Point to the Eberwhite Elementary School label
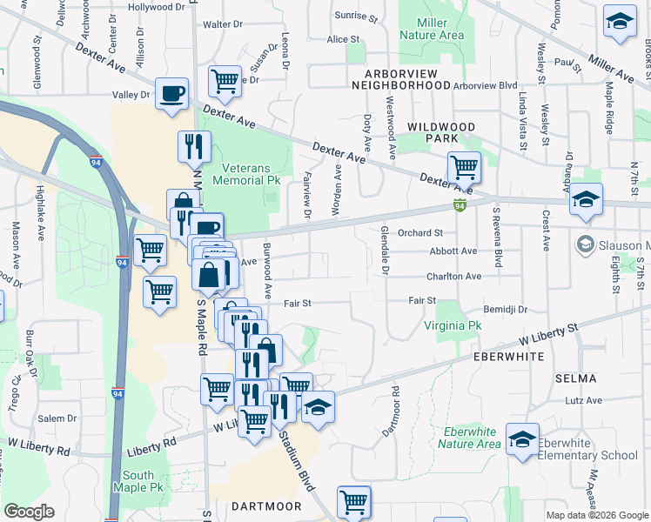(x=587, y=449)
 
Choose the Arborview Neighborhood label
(x=417, y=79)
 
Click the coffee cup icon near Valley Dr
(x=171, y=93)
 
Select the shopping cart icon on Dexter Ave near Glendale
(x=464, y=166)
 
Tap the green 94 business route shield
(x=459, y=205)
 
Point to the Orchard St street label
(x=420, y=232)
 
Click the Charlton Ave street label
(x=453, y=277)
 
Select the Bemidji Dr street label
(x=506, y=309)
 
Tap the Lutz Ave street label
(x=583, y=401)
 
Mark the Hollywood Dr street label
(x=158, y=7)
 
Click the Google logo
(x=30, y=512)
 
